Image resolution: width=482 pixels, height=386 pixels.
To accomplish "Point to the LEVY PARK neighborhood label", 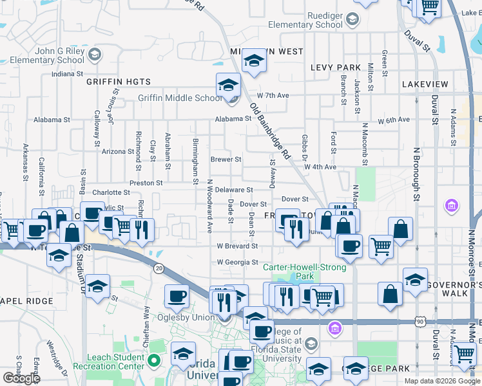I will coord(335,68).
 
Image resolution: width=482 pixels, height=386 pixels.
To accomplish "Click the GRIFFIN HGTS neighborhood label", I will coord(119,82).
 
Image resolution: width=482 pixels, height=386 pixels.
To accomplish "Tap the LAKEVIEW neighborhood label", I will coord(424,84).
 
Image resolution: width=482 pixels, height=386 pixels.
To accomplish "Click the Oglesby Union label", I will coord(191,317).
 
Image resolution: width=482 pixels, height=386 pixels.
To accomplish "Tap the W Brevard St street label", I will coord(237,246).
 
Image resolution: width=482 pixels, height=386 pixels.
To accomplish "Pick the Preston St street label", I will coord(146,183).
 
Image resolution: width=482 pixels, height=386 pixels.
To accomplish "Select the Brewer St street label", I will coord(226,160).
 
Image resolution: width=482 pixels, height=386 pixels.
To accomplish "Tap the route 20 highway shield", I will coord(159,267).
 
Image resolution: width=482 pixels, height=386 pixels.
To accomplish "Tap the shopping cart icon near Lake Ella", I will coord(429,6).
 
